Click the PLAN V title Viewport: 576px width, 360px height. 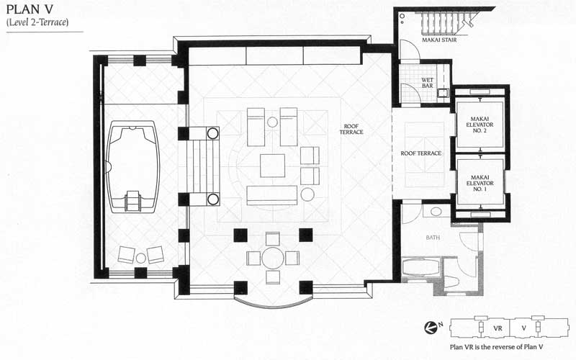tap(30, 9)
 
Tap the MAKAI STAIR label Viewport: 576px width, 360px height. tap(439, 40)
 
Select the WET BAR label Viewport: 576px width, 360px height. tap(427, 83)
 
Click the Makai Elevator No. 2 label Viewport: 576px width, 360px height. tap(480, 125)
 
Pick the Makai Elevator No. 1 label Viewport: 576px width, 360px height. tap(480, 183)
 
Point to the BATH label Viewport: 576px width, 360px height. tap(433, 238)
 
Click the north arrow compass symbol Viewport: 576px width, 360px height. tap(429, 328)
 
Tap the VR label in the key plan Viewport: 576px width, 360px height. tap(498, 328)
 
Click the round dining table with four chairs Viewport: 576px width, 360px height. tap(273, 258)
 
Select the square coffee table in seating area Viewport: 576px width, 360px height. tap(273, 166)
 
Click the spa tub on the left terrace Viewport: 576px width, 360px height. tap(132, 167)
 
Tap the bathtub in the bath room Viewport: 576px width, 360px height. tap(421, 267)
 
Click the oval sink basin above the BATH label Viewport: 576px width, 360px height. tap(436, 211)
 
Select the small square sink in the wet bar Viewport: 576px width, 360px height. tap(443, 93)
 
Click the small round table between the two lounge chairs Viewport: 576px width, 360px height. tap(272, 122)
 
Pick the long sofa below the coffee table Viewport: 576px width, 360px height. tap(272, 195)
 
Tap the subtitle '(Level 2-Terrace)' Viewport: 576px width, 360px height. tap(37, 22)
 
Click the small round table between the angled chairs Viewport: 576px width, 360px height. tap(140, 258)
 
